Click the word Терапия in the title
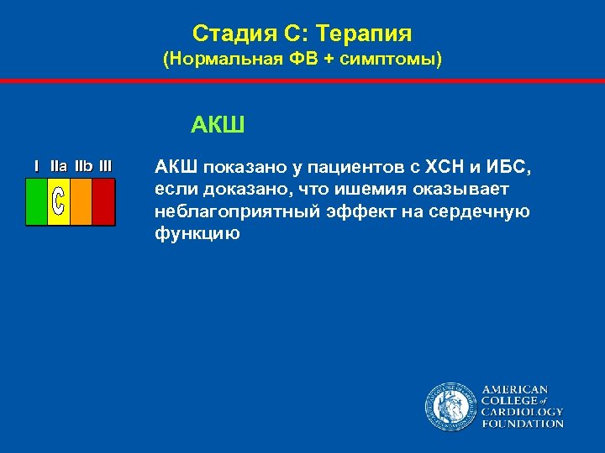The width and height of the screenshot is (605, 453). coord(370,34)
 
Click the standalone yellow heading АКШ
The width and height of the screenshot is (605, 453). coord(218,126)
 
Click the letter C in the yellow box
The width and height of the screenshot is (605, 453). coord(58,201)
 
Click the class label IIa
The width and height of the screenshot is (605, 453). coord(59,166)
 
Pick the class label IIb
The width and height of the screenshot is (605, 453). coord(83,166)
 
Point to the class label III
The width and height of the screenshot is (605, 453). coord(105,166)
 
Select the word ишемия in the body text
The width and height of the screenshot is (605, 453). coord(318,190)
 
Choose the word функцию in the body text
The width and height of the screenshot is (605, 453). coord(197,233)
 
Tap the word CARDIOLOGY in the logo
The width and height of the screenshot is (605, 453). coord(522,412)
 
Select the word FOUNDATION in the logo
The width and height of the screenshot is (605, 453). coord(522,424)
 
